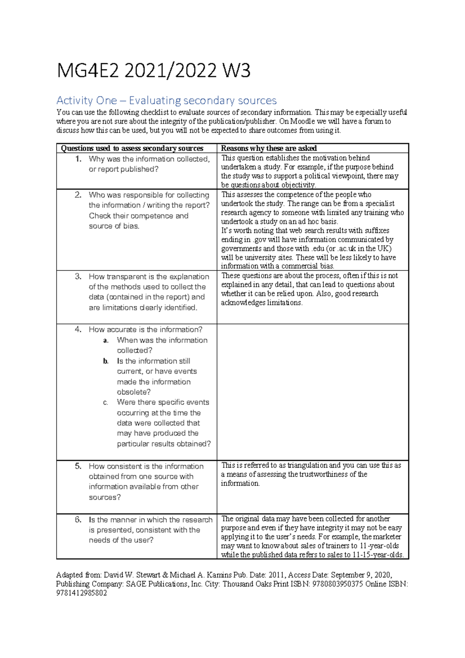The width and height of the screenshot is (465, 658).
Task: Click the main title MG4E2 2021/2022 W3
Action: tap(153, 71)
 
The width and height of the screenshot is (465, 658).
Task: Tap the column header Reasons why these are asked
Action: tap(269, 148)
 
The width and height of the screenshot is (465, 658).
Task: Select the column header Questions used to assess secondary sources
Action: tap(132, 148)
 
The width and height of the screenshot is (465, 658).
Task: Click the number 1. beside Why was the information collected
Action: tap(79, 159)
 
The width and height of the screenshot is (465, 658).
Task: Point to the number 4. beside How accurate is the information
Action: tap(78, 329)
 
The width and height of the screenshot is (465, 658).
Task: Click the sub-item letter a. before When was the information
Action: tap(106, 341)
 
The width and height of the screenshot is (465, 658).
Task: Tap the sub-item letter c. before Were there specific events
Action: tap(105, 403)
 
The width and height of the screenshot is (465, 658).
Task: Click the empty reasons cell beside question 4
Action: tap(312, 391)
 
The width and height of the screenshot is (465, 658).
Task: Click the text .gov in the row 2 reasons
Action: tap(259, 240)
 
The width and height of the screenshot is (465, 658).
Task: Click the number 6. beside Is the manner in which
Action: tap(78, 520)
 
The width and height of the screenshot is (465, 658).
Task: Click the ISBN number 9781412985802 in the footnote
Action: tap(81, 593)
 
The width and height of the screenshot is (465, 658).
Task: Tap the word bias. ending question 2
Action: tap(131, 226)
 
